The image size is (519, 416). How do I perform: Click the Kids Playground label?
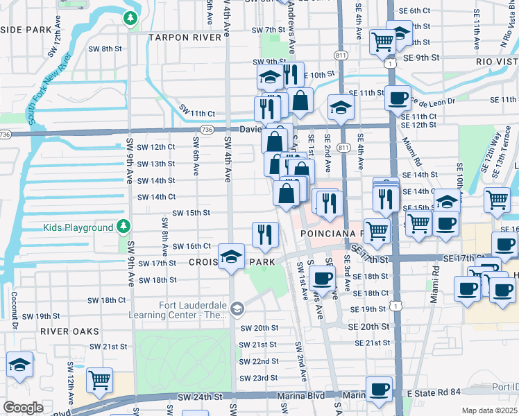click(78, 227)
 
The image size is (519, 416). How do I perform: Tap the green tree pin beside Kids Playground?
click(123, 226)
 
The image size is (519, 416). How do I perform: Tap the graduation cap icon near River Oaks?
click(20, 365)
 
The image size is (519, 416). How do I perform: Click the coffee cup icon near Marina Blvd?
click(379, 390)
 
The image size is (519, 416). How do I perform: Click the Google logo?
click(23, 408)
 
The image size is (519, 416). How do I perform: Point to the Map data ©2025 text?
click(489, 410)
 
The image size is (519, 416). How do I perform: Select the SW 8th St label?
click(105, 49)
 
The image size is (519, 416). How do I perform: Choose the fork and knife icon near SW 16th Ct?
click(264, 234)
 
